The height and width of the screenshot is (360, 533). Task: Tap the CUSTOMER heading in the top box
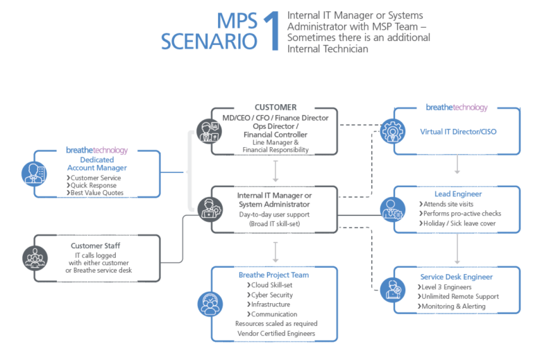276,108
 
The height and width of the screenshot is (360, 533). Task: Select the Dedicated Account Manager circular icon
33,171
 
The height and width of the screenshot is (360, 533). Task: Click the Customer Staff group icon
33,257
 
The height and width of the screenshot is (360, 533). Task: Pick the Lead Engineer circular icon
392,207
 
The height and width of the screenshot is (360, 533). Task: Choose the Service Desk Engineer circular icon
392,288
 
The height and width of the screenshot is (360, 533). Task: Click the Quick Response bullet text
94,185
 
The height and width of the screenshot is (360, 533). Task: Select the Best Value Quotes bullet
97,193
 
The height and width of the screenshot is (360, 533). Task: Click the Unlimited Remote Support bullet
459,297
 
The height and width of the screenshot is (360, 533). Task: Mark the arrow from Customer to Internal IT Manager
276,170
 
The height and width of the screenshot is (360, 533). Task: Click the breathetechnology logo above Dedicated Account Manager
96,150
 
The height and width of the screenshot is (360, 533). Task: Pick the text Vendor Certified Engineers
276,333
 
